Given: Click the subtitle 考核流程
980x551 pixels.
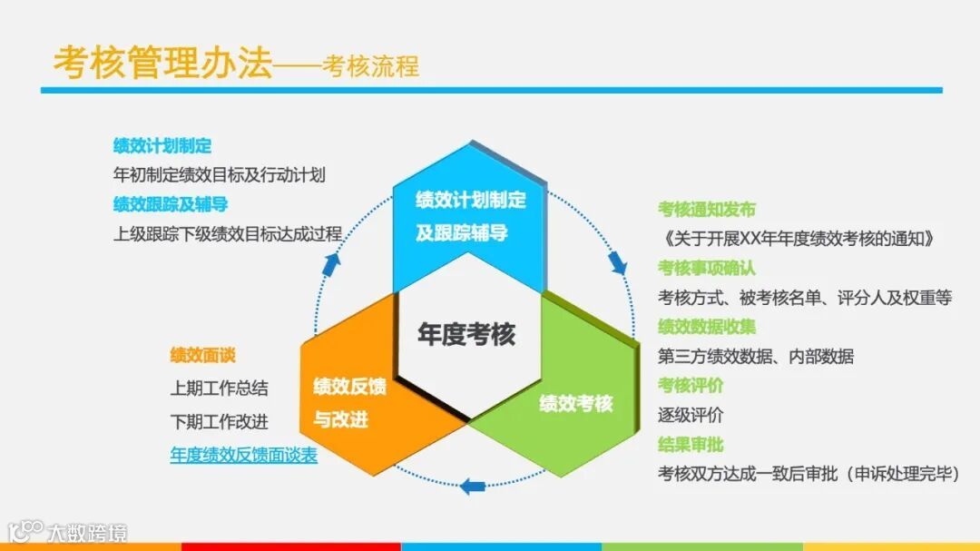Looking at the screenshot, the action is [370, 66].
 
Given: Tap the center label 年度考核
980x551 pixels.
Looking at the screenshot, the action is [466, 334].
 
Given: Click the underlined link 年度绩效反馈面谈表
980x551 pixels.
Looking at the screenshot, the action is [244, 455].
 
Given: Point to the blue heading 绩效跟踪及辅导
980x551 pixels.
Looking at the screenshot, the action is [171, 203].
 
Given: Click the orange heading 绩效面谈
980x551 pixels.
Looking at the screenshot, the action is [202, 355].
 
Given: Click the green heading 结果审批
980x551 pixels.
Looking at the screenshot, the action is [691, 444].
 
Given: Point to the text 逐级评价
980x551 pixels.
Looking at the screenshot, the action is [691, 415].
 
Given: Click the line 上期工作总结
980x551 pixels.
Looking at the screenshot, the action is [220, 388].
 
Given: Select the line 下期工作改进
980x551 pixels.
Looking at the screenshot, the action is [220, 422].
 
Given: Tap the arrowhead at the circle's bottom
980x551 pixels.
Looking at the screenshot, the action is [472, 486].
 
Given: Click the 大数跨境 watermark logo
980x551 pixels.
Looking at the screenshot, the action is [68, 531].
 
